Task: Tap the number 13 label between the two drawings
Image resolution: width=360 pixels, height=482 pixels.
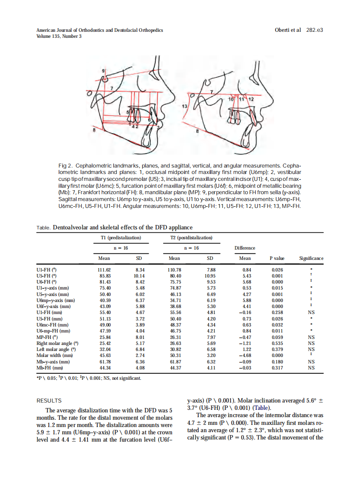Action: click(184, 106)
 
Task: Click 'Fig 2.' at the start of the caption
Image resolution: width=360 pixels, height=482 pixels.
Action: click(65, 165)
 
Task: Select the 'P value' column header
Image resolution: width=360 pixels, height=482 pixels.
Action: click(277, 258)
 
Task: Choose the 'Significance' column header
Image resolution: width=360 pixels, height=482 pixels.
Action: click(311, 258)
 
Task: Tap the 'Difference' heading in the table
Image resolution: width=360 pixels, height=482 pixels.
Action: click(245, 248)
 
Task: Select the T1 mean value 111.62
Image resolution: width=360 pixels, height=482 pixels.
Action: click(104, 269)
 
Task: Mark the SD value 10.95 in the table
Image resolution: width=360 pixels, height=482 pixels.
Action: click(210, 275)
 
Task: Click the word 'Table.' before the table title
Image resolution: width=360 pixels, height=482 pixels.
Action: click(43, 228)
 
